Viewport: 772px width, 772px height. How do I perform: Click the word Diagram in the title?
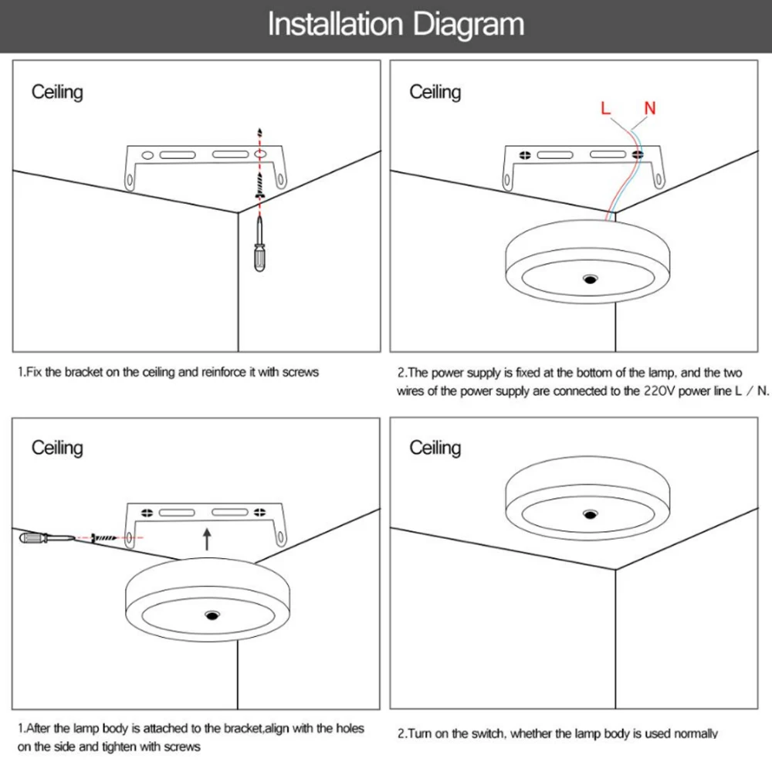click(468, 25)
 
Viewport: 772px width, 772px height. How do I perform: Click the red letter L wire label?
click(605, 108)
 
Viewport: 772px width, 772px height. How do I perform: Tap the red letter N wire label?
click(650, 108)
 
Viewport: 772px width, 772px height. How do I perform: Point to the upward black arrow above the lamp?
click(207, 539)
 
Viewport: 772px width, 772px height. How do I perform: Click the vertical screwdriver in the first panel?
click(260, 244)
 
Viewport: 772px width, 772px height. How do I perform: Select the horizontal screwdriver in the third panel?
click(47, 537)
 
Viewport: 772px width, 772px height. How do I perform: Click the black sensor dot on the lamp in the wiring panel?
click(590, 279)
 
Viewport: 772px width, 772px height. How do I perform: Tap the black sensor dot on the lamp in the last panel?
click(590, 514)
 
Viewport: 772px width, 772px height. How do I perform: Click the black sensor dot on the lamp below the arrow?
click(212, 615)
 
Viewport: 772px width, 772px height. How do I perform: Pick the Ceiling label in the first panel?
click(57, 93)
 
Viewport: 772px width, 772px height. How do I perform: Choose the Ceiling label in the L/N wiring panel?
click(435, 93)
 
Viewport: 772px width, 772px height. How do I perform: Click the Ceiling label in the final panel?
click(435, 448)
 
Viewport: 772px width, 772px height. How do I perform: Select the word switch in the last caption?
click(488, 733)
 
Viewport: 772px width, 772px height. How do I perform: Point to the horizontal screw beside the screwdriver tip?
click(104, 538)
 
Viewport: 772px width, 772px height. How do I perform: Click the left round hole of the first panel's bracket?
click(147, 155)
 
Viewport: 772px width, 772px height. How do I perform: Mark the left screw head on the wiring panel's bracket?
click(525, 155)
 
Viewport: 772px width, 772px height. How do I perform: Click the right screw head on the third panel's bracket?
click(260, 513)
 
